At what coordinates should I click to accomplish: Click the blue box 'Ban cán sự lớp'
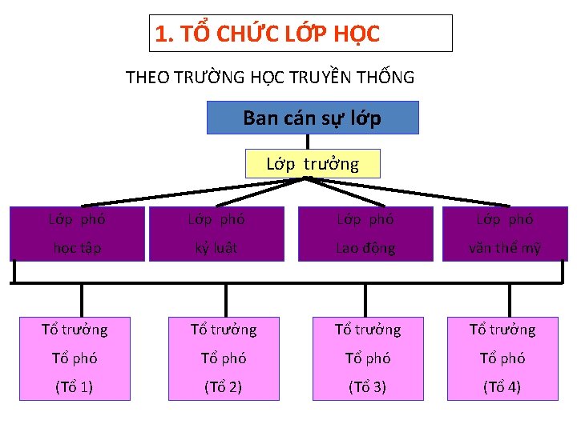[x=313, y=118]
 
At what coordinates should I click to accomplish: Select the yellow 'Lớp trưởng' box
[x=313, y=164]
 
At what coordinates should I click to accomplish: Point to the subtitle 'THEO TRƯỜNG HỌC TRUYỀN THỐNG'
[x=270, y=78]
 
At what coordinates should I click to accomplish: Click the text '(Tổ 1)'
[x=74, y=387]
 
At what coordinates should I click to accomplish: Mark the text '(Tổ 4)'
[x=502, y=387]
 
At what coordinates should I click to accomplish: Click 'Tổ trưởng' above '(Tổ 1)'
[x=74, y=329]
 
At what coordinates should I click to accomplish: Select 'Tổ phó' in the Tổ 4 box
[x=502, y=358]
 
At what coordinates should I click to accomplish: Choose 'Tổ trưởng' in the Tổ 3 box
[x=367, y=329]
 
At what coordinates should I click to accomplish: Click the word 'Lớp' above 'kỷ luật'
[x=200, y=218]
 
